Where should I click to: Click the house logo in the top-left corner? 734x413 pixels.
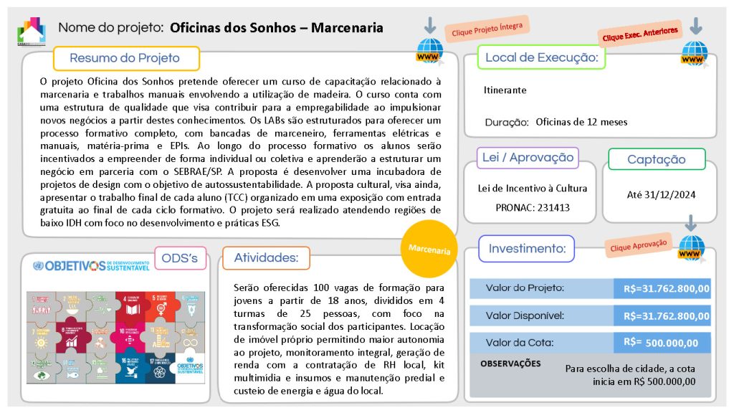coord(32,31)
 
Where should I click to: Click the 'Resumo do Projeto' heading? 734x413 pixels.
coord(125,58)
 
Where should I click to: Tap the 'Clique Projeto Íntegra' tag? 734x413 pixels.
coord(487,28)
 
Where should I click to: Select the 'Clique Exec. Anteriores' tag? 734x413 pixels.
coord(639,33)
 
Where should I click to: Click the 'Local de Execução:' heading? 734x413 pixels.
coord(541,57)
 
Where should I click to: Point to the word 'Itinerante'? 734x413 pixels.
coord(505,90)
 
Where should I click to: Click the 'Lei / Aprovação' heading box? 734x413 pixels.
coord(528,158)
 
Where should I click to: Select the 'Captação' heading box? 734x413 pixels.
coord(656,159)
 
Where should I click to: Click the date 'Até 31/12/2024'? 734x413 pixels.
coord(661,194)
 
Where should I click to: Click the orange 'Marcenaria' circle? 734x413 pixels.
coord(429,250)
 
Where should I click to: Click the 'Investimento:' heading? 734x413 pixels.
coord(527,249)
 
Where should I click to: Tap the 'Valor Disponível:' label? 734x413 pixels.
coord(525,315)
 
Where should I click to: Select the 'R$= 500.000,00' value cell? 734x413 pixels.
coord(661,343)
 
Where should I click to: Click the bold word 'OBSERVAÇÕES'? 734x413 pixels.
coord(510,364)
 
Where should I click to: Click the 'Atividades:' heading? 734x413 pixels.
coord(266,257)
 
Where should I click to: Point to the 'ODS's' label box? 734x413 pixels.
coord(180,257)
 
